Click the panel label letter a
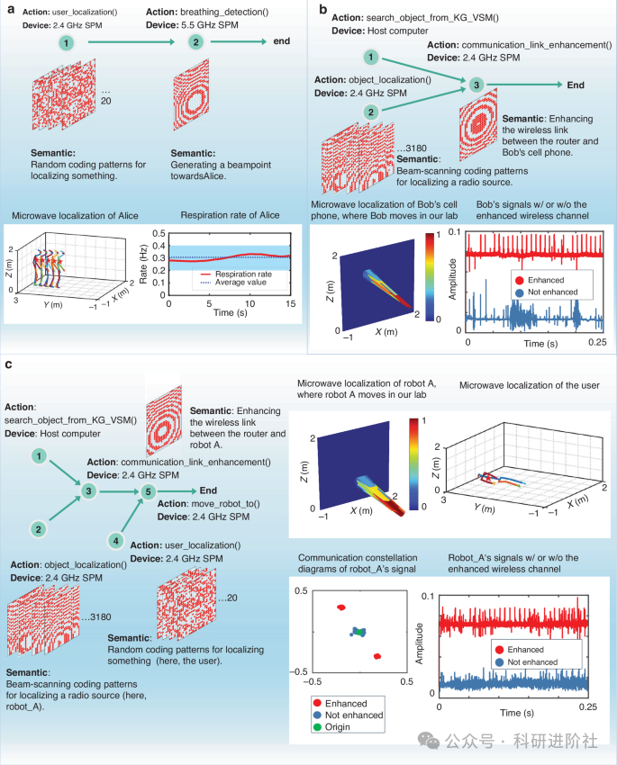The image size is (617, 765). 9,8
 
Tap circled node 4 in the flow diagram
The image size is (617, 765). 114,540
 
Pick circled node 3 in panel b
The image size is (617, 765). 477,85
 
